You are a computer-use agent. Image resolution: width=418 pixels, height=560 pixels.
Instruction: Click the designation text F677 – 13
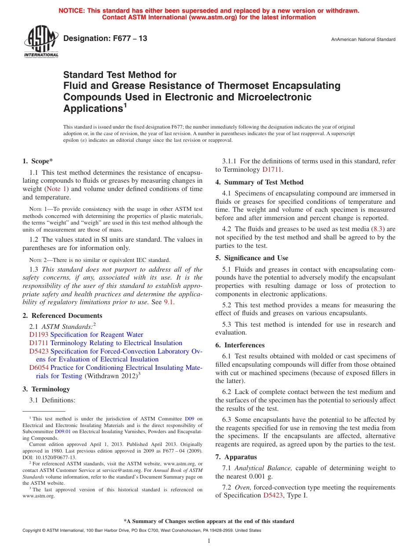click(x=105, y=39)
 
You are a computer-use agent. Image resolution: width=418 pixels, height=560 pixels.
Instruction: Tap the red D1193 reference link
click(x=39, y=335)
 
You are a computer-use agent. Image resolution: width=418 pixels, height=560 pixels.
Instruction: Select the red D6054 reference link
click(x=39, y=368)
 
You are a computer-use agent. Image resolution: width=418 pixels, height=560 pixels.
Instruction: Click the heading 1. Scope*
click(x=38, y=161)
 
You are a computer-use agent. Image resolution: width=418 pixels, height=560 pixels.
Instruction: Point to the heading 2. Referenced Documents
click(x=62, y=316)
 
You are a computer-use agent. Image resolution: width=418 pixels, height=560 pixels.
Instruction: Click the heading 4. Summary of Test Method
click(x=259, y=182)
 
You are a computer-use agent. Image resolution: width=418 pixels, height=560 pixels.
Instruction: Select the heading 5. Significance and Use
click(x=252, y=258)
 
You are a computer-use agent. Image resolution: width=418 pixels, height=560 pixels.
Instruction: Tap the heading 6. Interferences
click(x=240, y=345)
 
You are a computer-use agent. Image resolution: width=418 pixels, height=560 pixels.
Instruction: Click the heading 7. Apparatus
click(x=236, y=457)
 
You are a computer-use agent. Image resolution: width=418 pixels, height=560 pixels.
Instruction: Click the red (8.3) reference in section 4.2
click(x=378, y=229)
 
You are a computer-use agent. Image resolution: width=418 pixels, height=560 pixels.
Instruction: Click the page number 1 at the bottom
click(x=209, y=541)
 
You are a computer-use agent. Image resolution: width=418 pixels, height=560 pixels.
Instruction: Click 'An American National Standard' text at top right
click(x=363, y=40)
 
